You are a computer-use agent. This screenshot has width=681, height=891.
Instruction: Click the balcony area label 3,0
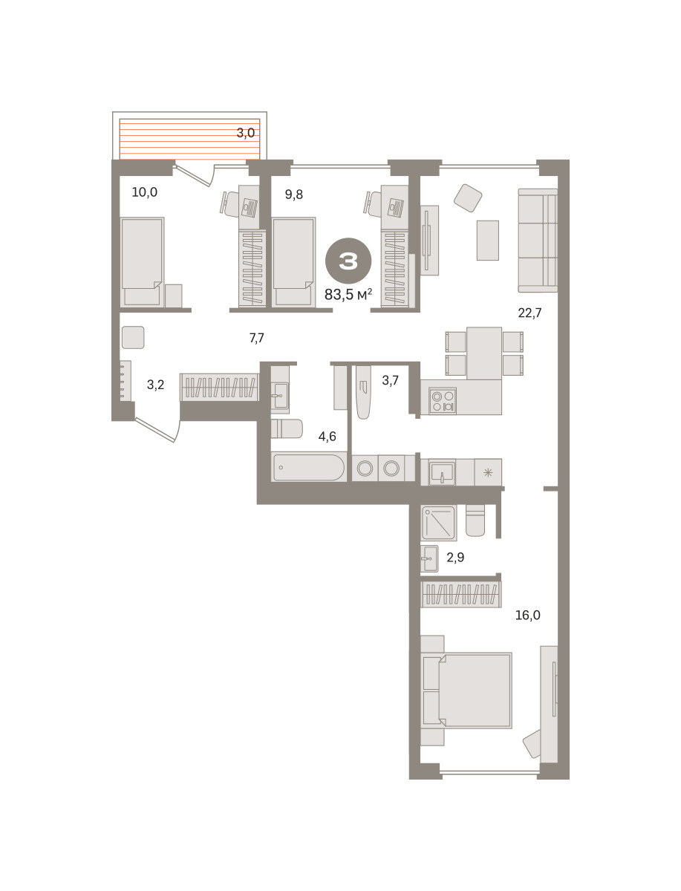246,133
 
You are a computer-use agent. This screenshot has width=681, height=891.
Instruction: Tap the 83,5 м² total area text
348,294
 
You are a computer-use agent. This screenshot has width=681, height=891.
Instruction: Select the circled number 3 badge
348,261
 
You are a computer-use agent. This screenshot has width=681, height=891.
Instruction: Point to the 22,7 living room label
530,313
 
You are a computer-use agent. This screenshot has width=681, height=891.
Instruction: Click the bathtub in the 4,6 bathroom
309,467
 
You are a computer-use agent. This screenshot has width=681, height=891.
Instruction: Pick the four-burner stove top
443,401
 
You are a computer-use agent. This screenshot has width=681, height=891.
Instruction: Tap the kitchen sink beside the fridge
442,472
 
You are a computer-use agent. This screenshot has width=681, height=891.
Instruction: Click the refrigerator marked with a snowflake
488,472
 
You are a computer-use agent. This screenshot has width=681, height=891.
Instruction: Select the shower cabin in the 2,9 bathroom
438,523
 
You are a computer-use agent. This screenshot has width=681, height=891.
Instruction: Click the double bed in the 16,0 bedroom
466,691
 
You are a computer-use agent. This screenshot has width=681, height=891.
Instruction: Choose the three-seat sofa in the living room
538,241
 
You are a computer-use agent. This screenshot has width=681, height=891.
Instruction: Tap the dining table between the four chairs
484,353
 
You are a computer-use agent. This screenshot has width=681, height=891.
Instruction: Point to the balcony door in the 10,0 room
195,174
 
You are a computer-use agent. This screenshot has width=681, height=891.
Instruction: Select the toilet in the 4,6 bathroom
287,428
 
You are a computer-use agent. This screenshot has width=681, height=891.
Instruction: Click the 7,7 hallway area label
256,338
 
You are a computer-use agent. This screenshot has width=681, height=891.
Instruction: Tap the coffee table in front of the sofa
488,241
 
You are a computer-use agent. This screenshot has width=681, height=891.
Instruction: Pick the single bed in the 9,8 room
294,262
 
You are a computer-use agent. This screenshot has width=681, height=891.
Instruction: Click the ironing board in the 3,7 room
363,392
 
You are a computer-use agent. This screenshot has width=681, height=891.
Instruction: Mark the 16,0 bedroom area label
527,615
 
